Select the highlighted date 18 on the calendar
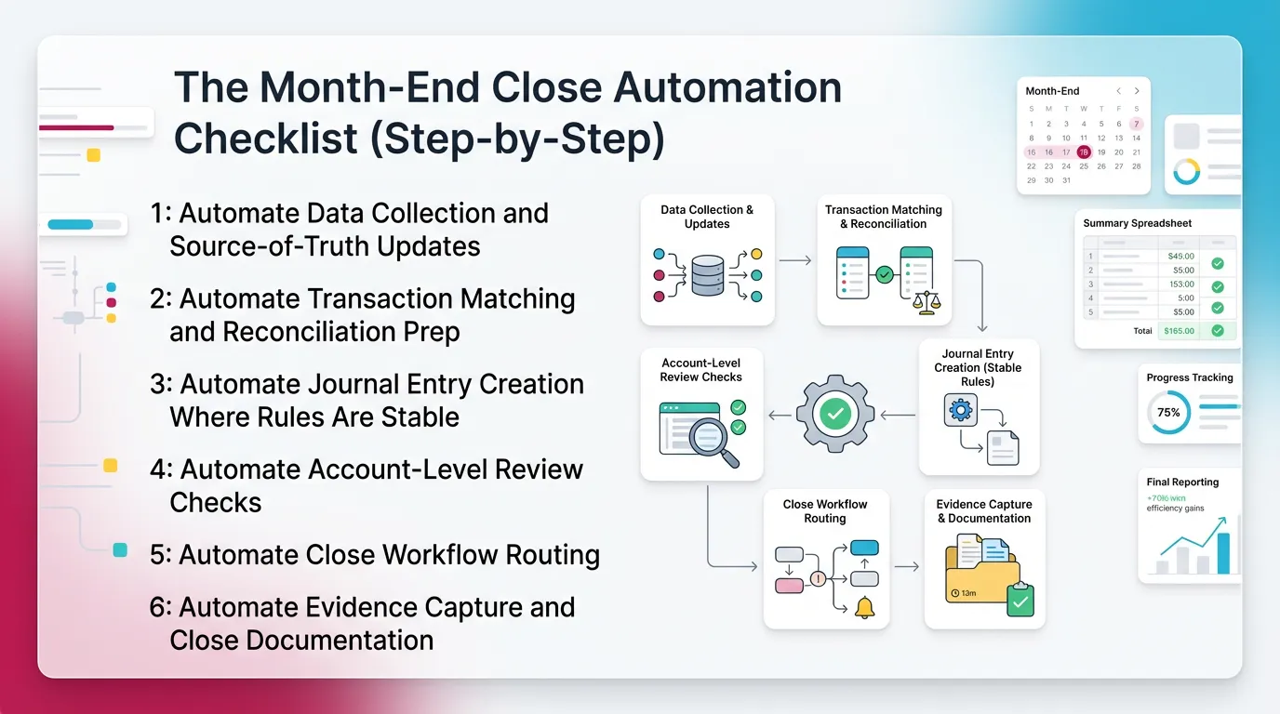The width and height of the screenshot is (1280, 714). point(1084,152)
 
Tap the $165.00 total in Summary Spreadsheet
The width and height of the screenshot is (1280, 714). point(1179,331)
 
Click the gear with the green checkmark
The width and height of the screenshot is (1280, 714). point(834,414)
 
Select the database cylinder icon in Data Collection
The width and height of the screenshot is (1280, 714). point(707,276)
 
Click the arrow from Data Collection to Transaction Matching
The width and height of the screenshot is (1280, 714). point(795,261)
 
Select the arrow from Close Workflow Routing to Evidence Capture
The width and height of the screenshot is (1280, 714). point(906,566)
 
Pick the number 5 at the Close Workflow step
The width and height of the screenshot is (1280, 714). point(158,555)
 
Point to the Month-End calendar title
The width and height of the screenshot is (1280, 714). point(1052,91)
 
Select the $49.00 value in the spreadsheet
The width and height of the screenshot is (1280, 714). point(1180,256)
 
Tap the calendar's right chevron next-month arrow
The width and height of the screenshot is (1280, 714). point(1137,91)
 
